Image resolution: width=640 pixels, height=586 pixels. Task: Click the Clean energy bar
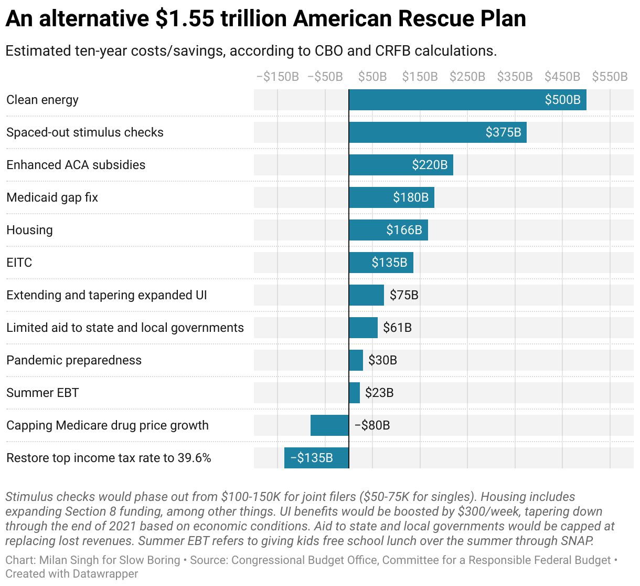point(467,100)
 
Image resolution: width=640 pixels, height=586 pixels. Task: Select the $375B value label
point(503,132)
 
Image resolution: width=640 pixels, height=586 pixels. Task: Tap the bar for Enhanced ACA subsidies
point(401,165)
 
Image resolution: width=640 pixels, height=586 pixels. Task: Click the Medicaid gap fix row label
point(52,197)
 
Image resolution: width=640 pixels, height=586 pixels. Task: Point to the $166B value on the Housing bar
point(404,230)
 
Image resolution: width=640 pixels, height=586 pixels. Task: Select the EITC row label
point(19,263)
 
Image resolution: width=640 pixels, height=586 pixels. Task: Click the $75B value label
point(404,295)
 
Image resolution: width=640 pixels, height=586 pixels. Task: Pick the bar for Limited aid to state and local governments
point(363,328)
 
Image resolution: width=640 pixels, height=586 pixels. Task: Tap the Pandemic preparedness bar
point(356,360)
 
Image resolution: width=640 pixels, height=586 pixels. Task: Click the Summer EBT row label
point(42,393)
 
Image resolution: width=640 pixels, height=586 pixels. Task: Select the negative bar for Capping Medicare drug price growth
point(329,425)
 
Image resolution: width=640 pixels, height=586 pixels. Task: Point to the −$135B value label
point(312,458)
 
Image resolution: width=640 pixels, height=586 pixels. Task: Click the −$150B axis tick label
point(278,77)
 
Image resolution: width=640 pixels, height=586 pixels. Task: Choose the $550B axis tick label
point(610,77)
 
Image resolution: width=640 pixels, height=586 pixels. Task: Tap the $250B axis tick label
point(467,77)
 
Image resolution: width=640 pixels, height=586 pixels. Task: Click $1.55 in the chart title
point(185,19)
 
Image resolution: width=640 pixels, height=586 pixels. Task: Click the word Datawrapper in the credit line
point(105,574)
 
